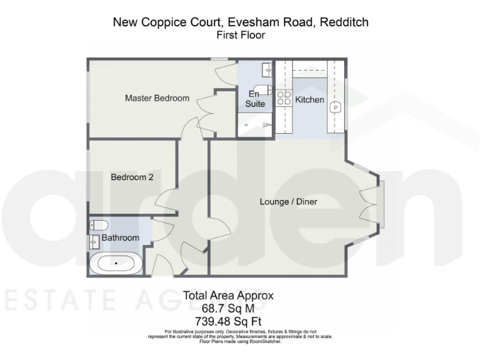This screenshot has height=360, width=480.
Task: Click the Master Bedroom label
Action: pyautogui.click(x=157, y=98)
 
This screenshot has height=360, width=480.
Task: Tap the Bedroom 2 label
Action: pyautogui.click(x=132, y=177)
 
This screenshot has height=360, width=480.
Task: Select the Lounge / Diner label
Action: pyautogui.click(x=289, y=202)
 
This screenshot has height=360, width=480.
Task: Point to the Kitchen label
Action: pyautogui.click(x=309, y=100)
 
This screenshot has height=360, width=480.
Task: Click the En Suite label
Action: pyautogui.click(x=254, y=99)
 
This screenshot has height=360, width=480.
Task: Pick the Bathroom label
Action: pyautogui.click(x=121, y=238)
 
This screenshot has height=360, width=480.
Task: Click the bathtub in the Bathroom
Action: pyautogui.click(x=116, y=264)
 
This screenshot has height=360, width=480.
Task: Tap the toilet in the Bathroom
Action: pyautogui.click(x=99, y=225)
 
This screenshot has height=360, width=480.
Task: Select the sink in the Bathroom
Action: pyautogui.click(x=95, y=240)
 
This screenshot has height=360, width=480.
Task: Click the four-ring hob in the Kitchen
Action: pyautogui.click(x=284, y=97)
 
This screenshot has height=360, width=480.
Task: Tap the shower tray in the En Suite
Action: pyautogui.click(x=255, y=125)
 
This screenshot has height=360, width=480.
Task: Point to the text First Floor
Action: pyautogui.click(x=240, y=36)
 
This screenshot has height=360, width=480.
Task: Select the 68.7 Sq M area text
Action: pyautogui.click(x=227, y=308)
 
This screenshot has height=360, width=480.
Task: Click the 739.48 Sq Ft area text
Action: pyautogui.click(x=227, y=321)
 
